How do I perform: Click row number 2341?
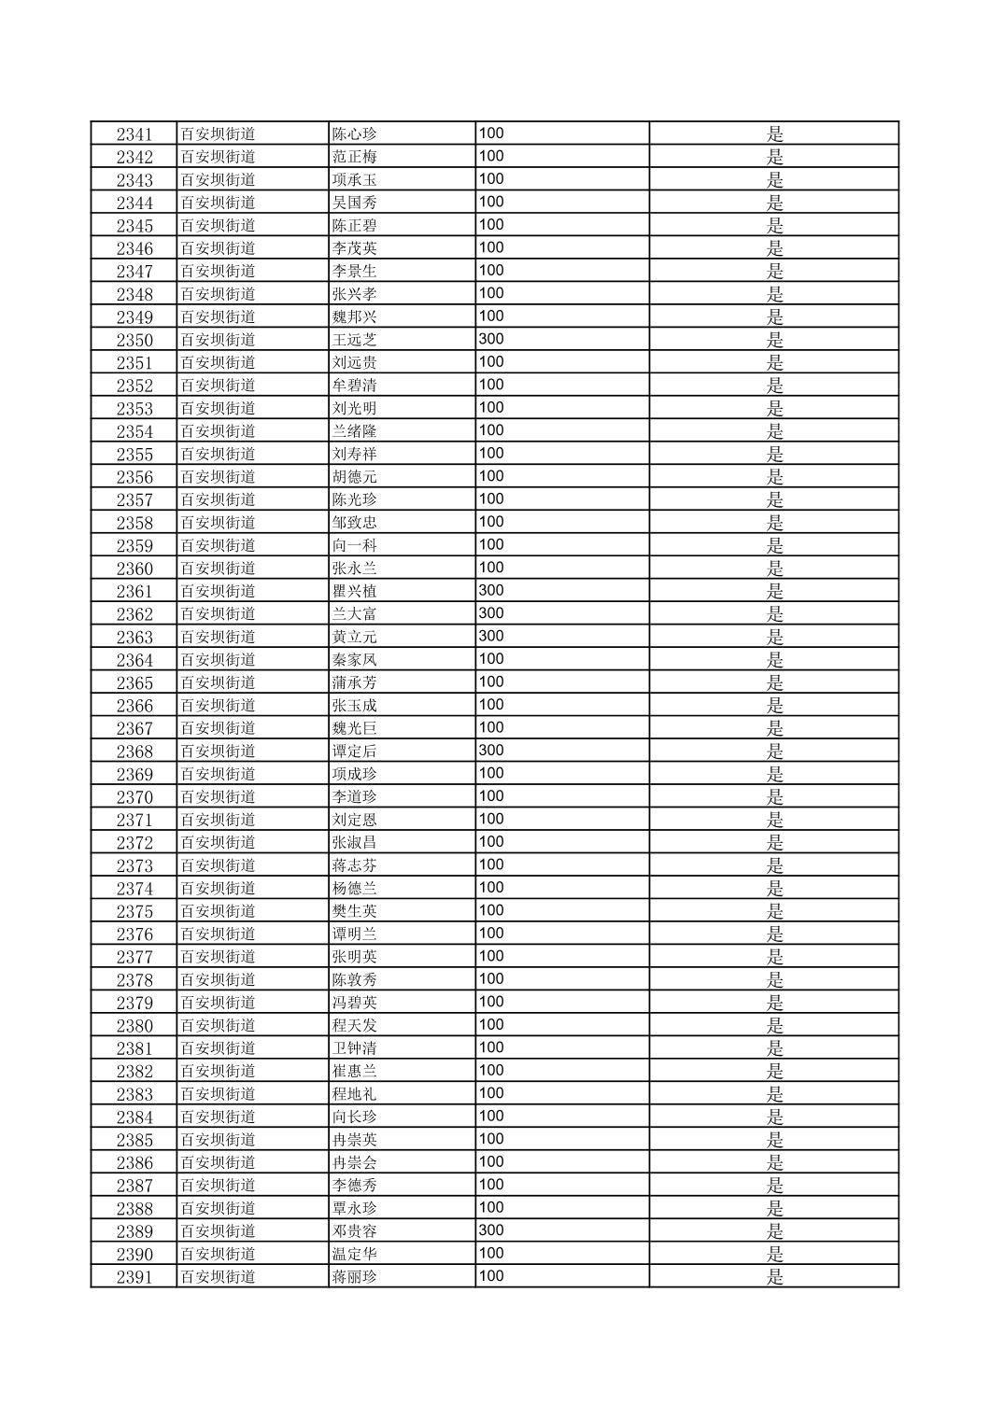pyautogui.click(x=134, y=133)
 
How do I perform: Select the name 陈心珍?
pyautogui.click(x=354, y=133)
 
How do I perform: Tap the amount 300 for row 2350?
pyautogui.click(x=490, y=339)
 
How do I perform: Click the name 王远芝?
pyautogui.click(x=354, y=340)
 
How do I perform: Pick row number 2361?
pyautogui.click(x=134, y=591)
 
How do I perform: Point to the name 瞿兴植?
pyautogui.click(x=354, y=591)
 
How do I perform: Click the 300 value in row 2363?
pyautogui.click(x=490, y=636)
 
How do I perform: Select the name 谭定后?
pyautogui.click(x=354, y=751)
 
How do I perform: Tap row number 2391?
pyautogui.click(x=134, y=1277)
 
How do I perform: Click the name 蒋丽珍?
pyautogui.click(x=354, y=1277)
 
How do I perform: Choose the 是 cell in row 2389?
pyautogui.click(x=774, y=1231)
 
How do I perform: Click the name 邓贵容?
pyautogui.click(x=354, y=1231)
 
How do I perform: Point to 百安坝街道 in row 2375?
pyautogui.click(x=218, y=911)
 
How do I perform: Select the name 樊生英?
pyautogui.click(x=354, y=911)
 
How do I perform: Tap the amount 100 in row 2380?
pyautogui.click(x=490, y=1024)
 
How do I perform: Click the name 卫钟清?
pyautogui.click(x=354, y=1048)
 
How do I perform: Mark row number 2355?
pyautogui.click(x=134, y=454)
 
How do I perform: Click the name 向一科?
pyautogui.click(x=354, y=545)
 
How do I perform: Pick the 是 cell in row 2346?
pyautogui.click(x=774, y=248)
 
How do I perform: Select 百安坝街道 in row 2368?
pyautogui.click(x=218, y=751)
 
